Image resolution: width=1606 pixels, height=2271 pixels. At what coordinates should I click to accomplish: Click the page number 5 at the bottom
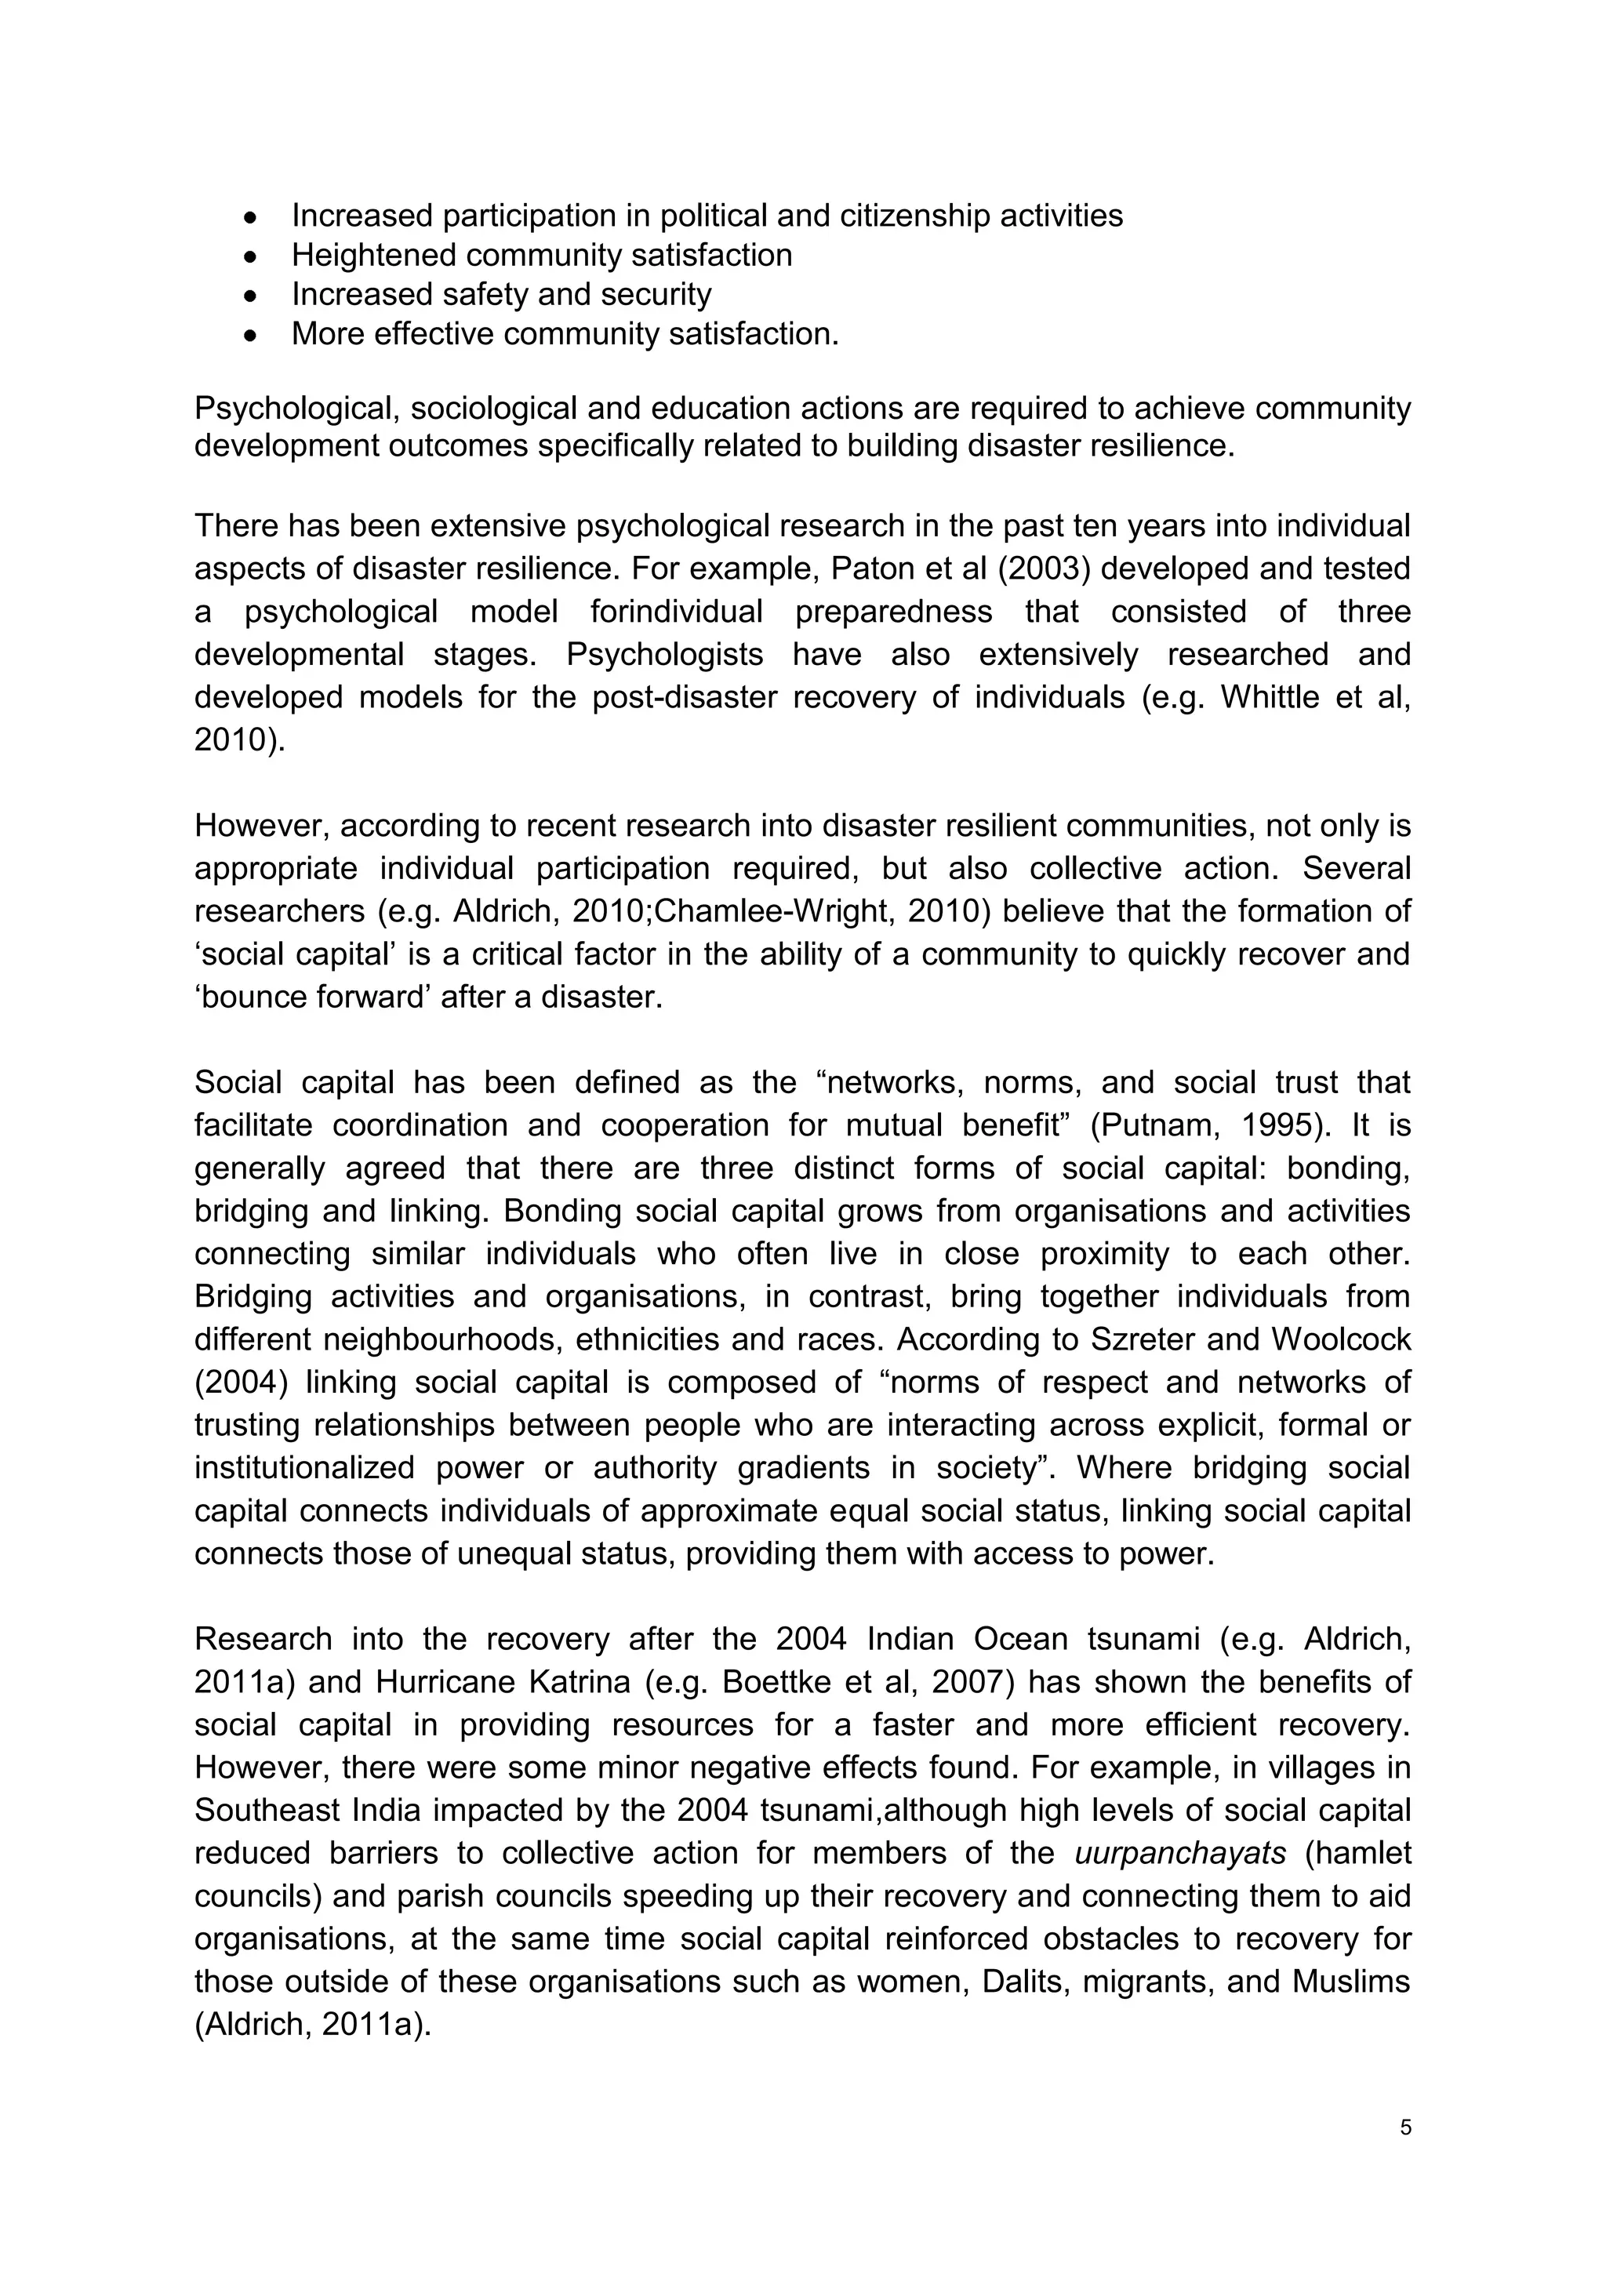pyautogui.click(x=1405, y=2127)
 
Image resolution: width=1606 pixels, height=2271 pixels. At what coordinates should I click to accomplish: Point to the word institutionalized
pyautogui.click(x=303, y=1467)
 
